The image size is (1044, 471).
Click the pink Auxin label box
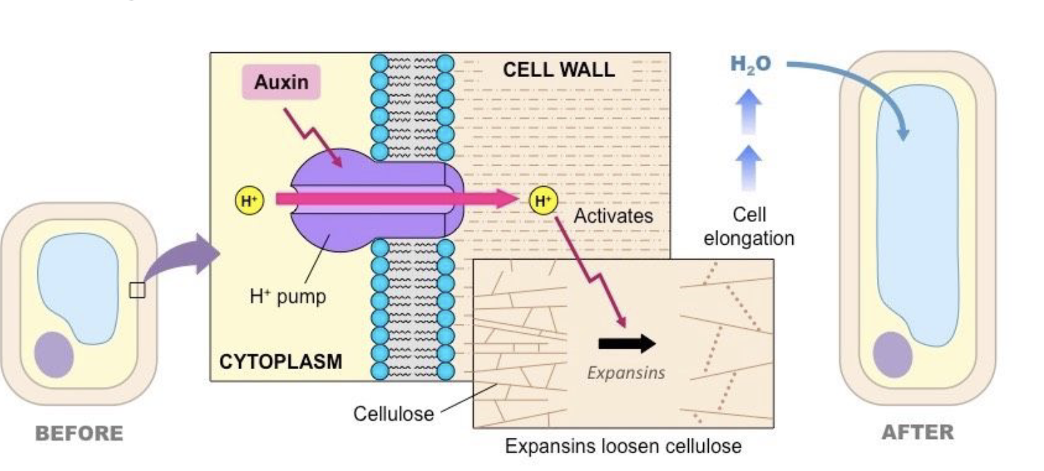[281, 82]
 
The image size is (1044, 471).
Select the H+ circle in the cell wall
[543, 201]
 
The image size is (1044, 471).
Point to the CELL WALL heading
[558, 70]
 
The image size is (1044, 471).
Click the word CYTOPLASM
[280, 362]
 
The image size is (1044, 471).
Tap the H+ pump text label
[288, 296]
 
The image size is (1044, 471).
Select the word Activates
[613, 216]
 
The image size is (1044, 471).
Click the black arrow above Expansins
[627, 344]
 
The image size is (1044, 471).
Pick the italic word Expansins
[626, 372]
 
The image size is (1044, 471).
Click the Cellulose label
[393, 413]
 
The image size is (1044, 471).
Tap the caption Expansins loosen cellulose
[623, 447]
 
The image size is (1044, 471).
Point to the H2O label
[750, 64]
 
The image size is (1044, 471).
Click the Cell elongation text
[749, 226]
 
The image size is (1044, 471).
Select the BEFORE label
[79, 433]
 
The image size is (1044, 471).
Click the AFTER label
[917, 431]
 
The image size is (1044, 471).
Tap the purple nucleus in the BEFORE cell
[54, 354]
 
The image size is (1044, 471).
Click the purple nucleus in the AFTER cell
[893, 354]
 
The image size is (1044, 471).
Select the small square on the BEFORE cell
[137, 290]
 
